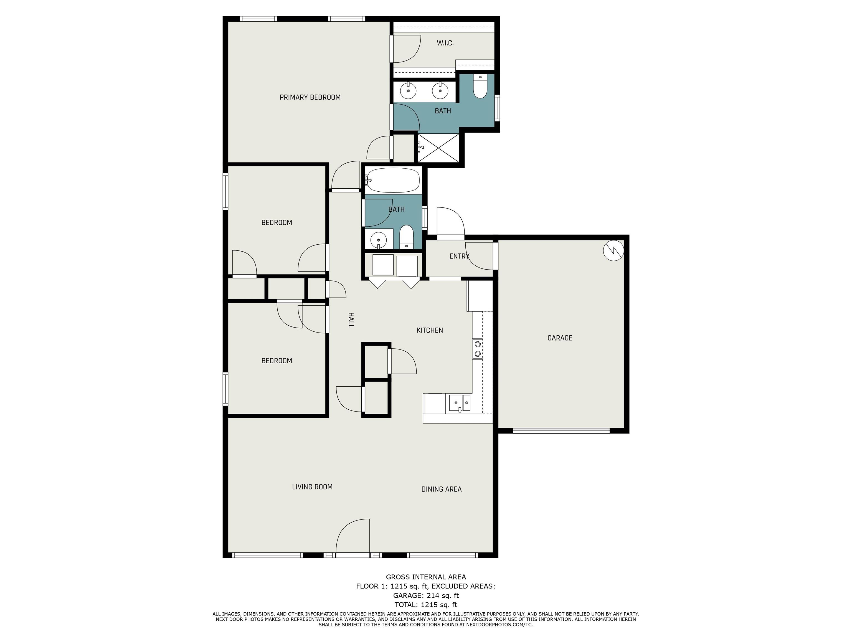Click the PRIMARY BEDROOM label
(x=310, y=97)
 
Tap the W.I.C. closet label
(x=445, y=43)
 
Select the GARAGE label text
(x=560, y=338)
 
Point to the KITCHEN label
(x=430, y=330)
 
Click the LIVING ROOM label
(x=312, y=487)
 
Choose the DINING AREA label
(x=442, y=489)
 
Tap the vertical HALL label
(x=351, y=320)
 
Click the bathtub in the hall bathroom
(x=393, y=180)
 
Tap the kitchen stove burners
(x=478, y=349)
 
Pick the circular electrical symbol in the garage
(x=613, y=251)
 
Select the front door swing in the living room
(x=353, y=536)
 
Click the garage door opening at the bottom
(x=561, y=431)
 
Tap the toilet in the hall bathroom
(x=406, y=237)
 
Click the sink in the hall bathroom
(x=379, y=240)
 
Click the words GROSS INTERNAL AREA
(x=426, y=577)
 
